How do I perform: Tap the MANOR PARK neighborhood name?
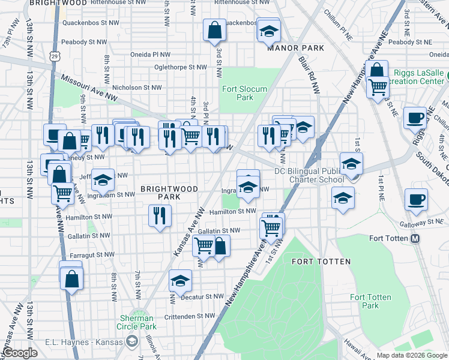pos(296,48)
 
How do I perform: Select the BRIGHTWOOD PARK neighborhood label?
pos(169,193)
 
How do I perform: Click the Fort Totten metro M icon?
pos(415,238)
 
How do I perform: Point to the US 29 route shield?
pos(55,56)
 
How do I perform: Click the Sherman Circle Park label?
pos(136,322)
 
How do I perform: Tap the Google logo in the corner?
pos(20,353)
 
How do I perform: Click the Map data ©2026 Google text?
pos(412,355)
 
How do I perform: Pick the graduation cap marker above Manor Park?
pos(269,30)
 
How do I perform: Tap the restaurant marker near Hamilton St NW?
pos(159,215)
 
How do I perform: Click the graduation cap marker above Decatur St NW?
pos(180,280)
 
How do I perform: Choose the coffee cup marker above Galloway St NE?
pos(416,200)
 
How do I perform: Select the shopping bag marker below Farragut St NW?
pos(71,279)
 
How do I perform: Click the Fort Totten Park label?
pos(370,301)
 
